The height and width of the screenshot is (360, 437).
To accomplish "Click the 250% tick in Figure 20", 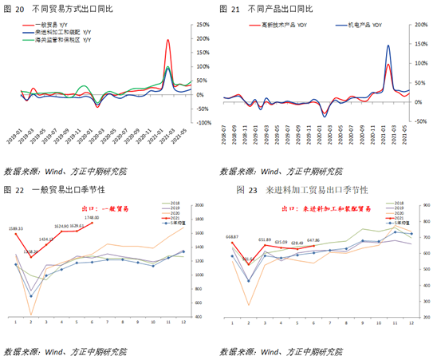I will (203, 25).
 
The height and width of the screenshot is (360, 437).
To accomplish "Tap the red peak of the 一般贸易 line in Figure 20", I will (167, 40).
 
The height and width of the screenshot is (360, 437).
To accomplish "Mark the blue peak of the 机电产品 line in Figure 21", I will (388, 45).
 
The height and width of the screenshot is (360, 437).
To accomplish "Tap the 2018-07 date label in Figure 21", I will (224, 136).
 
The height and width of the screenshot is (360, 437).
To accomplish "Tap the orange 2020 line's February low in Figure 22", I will (32, 314).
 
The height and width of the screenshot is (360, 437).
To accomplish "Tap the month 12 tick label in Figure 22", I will (183, 322).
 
